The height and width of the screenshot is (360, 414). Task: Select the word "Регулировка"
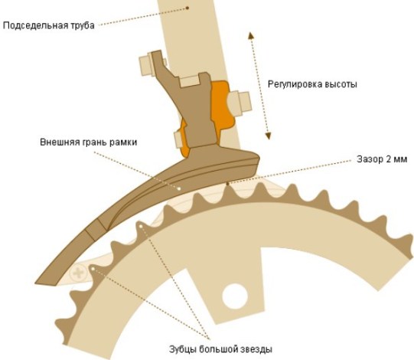[294, 83]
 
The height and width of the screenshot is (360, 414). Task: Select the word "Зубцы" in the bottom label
[183, 350]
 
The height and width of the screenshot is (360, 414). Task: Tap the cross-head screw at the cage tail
[77, 272]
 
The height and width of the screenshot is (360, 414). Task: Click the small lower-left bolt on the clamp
[180, 139]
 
